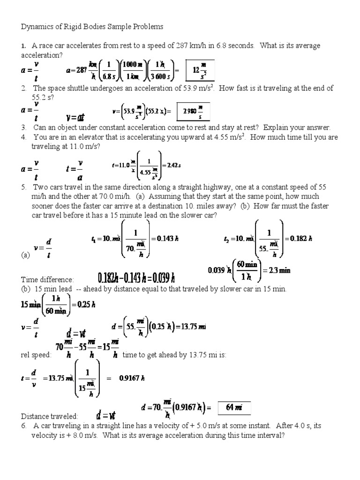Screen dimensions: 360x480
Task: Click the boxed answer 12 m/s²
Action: pos(200,70)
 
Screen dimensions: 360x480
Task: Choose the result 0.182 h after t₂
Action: pos(301,238)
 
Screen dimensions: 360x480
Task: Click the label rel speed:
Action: pos(36,355)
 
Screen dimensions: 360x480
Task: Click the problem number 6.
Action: pos(23,426)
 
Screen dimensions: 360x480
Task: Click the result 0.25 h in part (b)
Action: pos(84,304)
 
